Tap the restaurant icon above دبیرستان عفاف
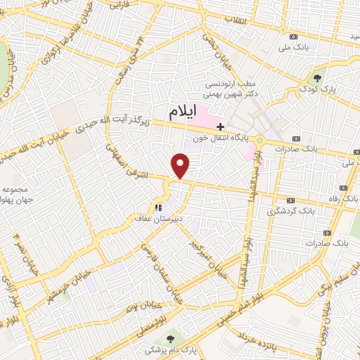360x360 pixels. coord(158,207)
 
